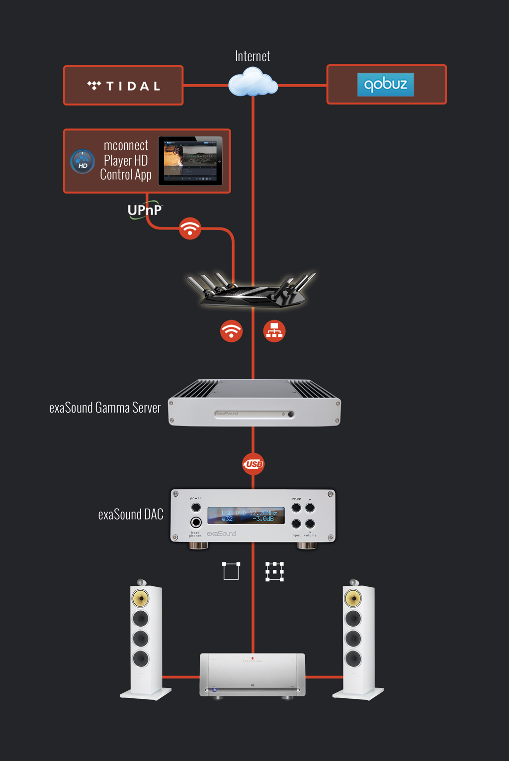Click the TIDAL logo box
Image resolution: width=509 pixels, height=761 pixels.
(x=123, y=86)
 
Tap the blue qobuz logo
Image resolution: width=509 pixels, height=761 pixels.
(x=385, y=84)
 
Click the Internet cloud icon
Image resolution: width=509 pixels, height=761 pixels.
(x=253, y=83)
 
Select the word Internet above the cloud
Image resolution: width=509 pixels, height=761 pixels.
(x=253, y=56)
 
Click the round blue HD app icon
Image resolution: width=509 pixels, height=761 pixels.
(x=83, y=162)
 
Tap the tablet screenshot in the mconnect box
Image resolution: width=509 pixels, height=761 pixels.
(x=190, y=161)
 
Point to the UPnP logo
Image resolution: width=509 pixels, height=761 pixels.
(x=144, y=211)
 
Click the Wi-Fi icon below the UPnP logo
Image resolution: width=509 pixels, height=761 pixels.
(x=190, y=228)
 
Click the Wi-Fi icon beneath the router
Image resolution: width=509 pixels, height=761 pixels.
(x=231, y=331)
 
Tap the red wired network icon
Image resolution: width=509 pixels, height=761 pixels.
(x=274, y=331)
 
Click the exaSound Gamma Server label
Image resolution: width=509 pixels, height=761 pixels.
(x=105, y=408)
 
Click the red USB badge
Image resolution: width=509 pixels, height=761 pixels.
(x=253, y=464)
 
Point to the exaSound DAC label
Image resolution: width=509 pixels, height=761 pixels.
(x=131, y=515)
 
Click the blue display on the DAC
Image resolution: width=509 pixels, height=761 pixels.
(x=246, y=516)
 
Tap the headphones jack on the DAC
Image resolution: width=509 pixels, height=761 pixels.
(x=196, y=522)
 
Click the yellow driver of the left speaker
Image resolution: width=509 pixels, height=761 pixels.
(x=140, y=598)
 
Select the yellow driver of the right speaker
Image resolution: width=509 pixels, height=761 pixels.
(x=353, y=598)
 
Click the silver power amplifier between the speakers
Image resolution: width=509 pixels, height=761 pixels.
(x=253, y=674)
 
